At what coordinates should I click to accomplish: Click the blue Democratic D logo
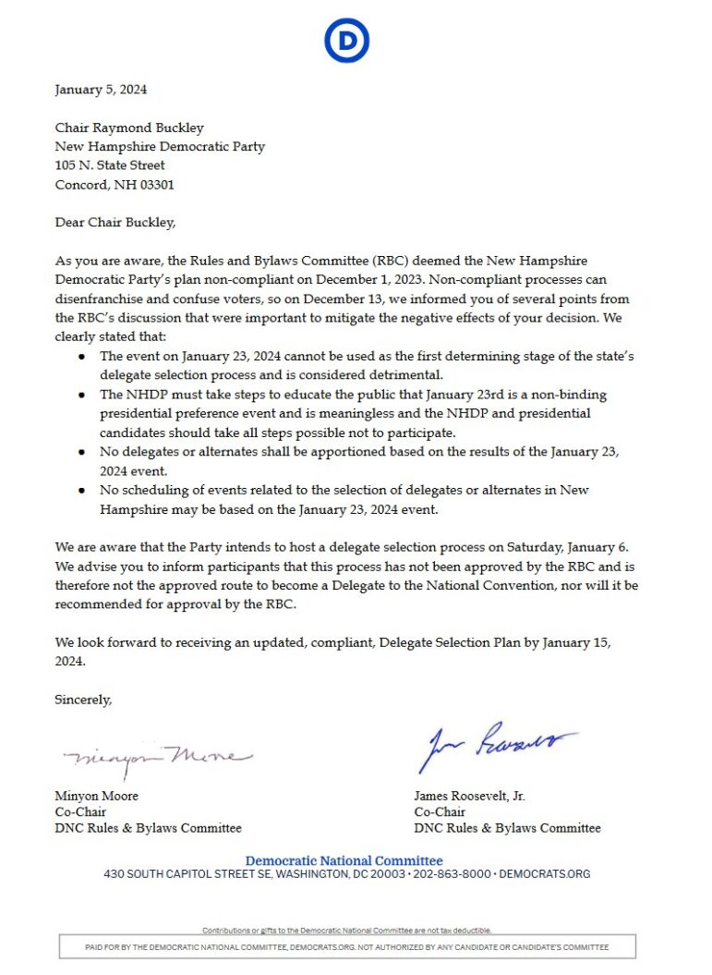pos(347,42)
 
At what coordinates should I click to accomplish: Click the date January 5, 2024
pos(101,90)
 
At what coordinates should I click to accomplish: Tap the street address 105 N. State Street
pos(110,165)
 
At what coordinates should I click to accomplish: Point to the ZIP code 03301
pos(156,185)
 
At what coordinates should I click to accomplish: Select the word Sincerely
pos(83,700)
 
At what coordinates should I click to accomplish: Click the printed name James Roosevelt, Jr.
pos(470,796)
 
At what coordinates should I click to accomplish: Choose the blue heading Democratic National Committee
pos(344,860)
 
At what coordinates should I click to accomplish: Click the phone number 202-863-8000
pos(453,873)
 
